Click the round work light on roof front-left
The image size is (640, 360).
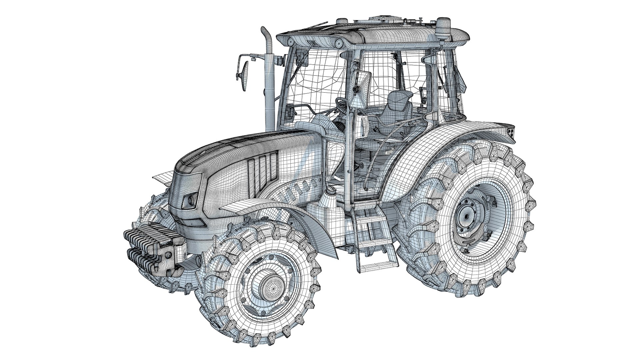tap(290, 42)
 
